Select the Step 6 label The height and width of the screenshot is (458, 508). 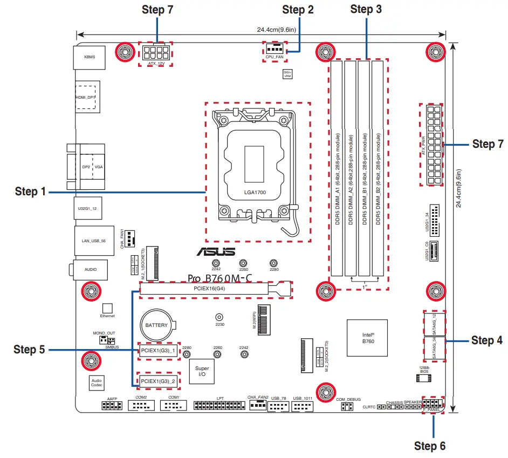point(429,446)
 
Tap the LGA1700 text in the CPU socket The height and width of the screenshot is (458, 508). point(255,192)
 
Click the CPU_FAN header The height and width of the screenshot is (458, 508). point(274,49)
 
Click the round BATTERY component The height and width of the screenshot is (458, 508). point(157,325)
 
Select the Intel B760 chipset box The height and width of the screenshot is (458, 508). point(368,338)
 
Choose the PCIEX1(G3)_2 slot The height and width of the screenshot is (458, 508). point(159,381)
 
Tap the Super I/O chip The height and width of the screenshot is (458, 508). point(202,371)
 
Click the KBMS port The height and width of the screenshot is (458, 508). point(90,56)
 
